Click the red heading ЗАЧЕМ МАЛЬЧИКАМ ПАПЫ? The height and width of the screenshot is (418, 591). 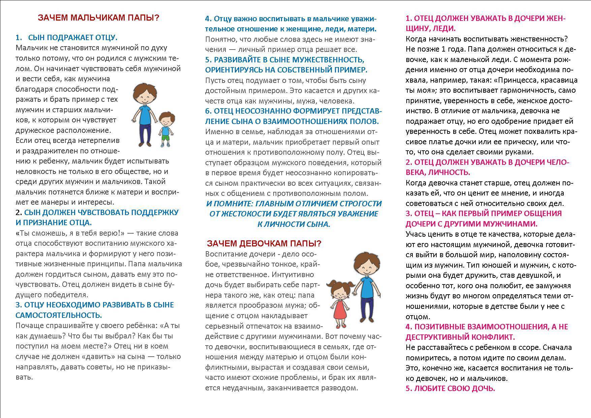(x=98, y=18)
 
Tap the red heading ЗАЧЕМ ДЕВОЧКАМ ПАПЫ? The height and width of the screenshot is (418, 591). (x=264, y=243)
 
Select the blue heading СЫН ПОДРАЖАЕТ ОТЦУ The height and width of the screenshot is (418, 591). (x=73, y=37)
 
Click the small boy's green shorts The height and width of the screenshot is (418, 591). (x=165, y=137)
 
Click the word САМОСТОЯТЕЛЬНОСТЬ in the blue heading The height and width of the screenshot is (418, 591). (x=59, y=315)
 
